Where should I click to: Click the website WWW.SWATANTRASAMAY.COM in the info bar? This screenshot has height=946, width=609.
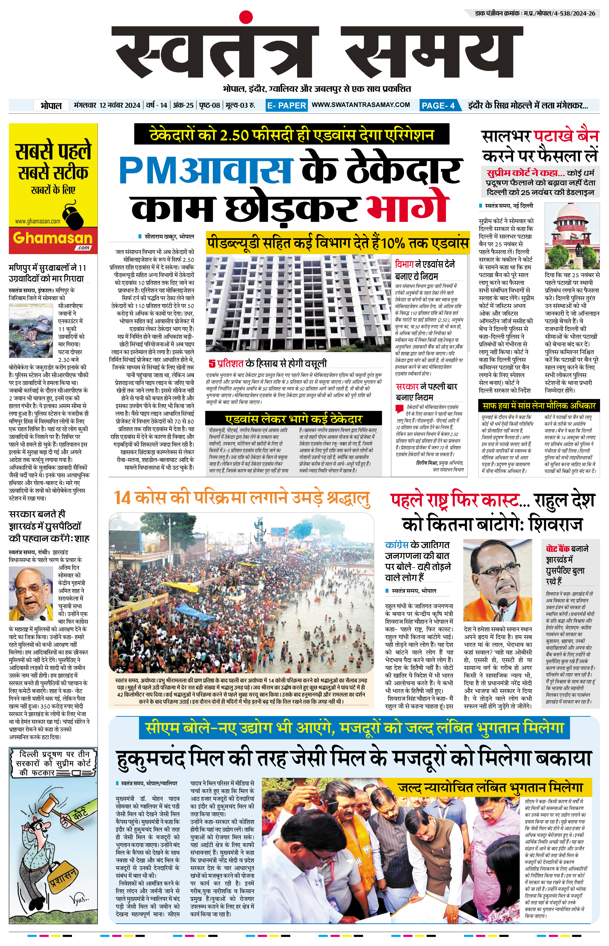361,105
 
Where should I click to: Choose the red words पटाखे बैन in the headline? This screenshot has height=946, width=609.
566,137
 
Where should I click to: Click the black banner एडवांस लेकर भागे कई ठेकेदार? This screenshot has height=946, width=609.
293,419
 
